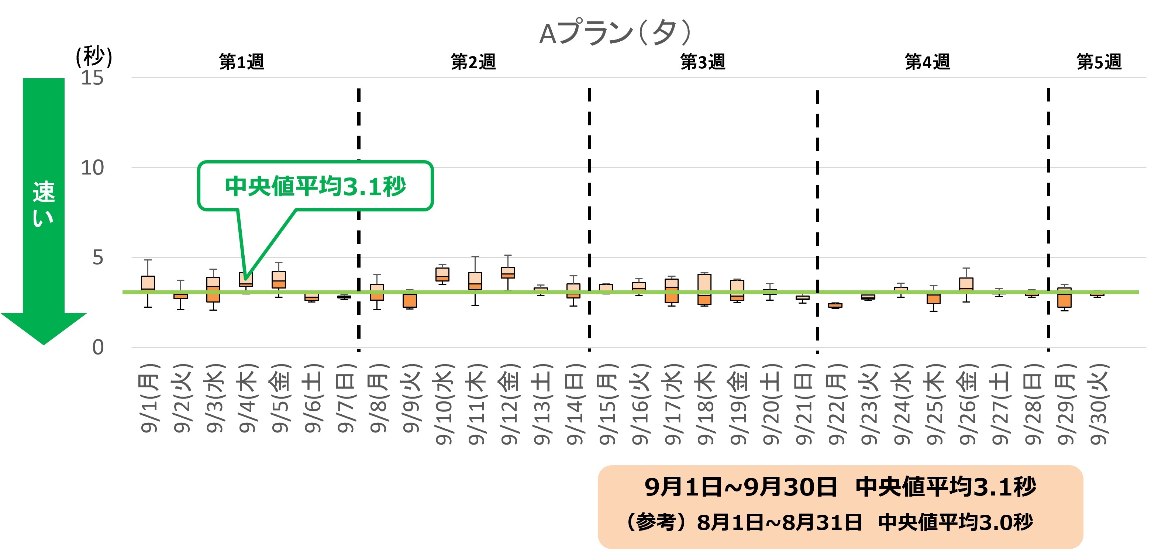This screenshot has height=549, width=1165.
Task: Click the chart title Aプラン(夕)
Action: click(615, 32)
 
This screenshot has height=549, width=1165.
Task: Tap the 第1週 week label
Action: click(241, 62)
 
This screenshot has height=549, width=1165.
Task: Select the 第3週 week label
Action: click(703, 62)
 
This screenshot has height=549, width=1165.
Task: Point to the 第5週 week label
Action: click(1099, 62)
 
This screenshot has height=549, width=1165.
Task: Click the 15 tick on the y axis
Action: click(92, 78)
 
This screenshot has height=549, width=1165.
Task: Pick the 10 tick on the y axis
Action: click(92, 168)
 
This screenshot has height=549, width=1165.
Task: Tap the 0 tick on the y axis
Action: click(98, 347)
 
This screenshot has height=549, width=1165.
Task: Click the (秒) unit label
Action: click(94, 56)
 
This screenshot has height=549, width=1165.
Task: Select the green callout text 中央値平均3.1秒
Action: click(315, 186)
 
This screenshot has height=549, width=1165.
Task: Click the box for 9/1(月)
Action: click(148, 283)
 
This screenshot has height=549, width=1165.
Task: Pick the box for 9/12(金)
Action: click(507, 273)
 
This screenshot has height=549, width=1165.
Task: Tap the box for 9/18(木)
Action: click(704, 289)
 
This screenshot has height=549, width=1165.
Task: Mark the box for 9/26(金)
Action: click(966, 284)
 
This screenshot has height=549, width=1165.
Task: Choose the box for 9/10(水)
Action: click(442, 274)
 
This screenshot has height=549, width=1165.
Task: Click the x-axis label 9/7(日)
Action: click(345, 398)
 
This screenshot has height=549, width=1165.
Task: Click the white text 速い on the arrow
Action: click(44, 204)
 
